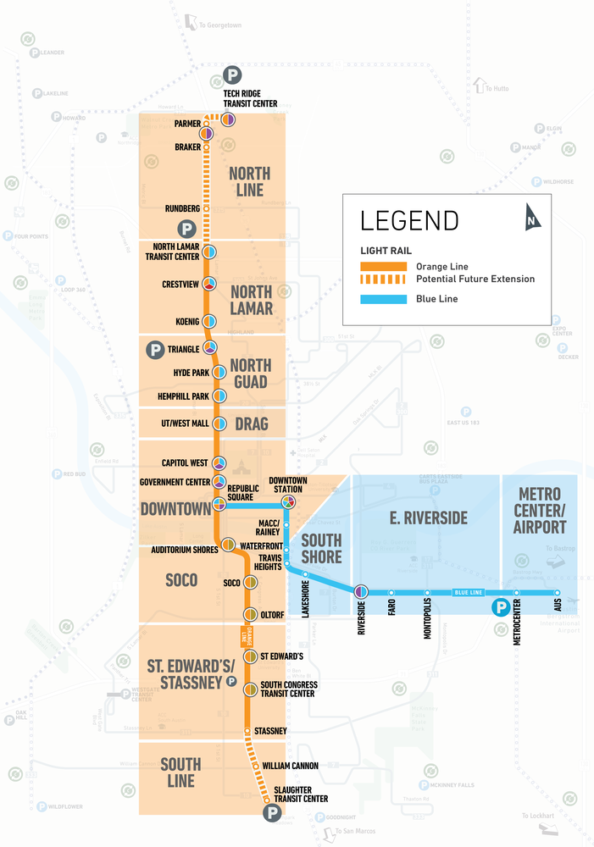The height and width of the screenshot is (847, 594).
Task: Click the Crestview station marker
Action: tap(208, 283)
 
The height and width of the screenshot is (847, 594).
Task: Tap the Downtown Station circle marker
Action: tap(288, 502)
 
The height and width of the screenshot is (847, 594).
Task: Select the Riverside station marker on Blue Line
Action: tap(360, 591)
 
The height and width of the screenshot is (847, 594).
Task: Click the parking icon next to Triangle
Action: tap(155, 349)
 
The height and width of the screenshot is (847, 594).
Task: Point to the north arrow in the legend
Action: tap(532, 217)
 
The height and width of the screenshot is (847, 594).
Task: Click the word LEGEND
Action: tap(409, 220)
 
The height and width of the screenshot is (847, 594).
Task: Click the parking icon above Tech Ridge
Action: tap(232, 75)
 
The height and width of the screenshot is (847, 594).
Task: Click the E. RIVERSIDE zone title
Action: tap(427, 518)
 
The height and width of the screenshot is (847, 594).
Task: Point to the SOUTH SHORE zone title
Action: tap(321, 547)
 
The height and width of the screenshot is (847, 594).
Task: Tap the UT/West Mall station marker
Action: tap(219, 423)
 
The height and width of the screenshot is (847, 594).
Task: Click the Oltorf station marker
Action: tap(250, 615)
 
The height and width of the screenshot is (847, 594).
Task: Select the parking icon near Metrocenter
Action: tap(500, 606)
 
